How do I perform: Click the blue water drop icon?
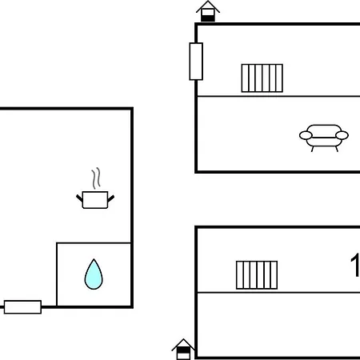pyautogui.click(x=94, y=274)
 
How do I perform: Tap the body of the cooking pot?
pyautogui.click(x=95, y=200)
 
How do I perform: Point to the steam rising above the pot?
pyautogui.click(x=96, y=178)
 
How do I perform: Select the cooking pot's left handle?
pyautogui.click(x=79, y=198)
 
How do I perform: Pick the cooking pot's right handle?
pyautogui.click(x=111, y=198)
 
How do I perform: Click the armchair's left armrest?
pyautogui.click(x=306, y=135)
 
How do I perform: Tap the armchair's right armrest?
pyautogui.click(x=342, y=135)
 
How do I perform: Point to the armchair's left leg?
pyautogui.click(x=312, y=149)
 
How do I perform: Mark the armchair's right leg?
pyautogui.click(x=337, y=149)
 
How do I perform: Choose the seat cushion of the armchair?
pyautogui.click(x=324, y=142)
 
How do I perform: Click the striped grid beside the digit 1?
pyautogui.click(x=257, y=275)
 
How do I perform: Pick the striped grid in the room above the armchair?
pyautogui.click(x=262, y=78)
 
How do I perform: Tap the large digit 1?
pyautogui.click(x=355, y=266)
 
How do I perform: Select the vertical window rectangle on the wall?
pyautogui.click(x=196, y=62)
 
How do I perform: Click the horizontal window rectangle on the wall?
pyautogui.click(x=22, y=307)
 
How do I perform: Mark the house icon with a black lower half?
pyautogui.click(x=208, y=11)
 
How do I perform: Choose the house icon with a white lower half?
pyautogui.click(x=183, y=350)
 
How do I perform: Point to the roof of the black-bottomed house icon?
pyautogui.click(x=208, y=6)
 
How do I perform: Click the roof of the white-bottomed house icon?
pyautogui.click(x=183, y=344)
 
